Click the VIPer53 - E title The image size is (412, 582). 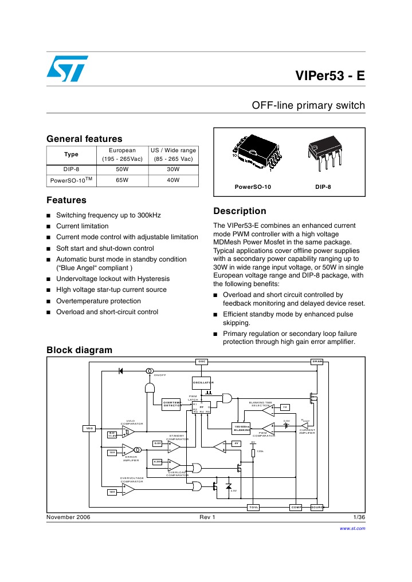(x=329, y=77)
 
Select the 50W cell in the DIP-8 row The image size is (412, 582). (x=122, y=170)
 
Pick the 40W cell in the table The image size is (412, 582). (x=173, y=180)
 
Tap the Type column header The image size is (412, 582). (x=71, y=155)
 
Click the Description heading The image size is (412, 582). (x=239, y=211)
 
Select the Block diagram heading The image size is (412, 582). (x=79, y=350)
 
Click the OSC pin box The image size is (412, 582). (x=202, y=362)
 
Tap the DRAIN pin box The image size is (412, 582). (x=317, y=362)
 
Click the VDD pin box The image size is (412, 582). (x=89, y=428)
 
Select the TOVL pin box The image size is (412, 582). (x=253, y=508)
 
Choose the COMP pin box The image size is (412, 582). (x=296, y=508)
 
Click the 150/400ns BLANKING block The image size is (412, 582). (x=243, y=428)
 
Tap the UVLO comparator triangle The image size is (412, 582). (x=128, y=431)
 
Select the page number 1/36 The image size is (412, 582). (x=359, y=517)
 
